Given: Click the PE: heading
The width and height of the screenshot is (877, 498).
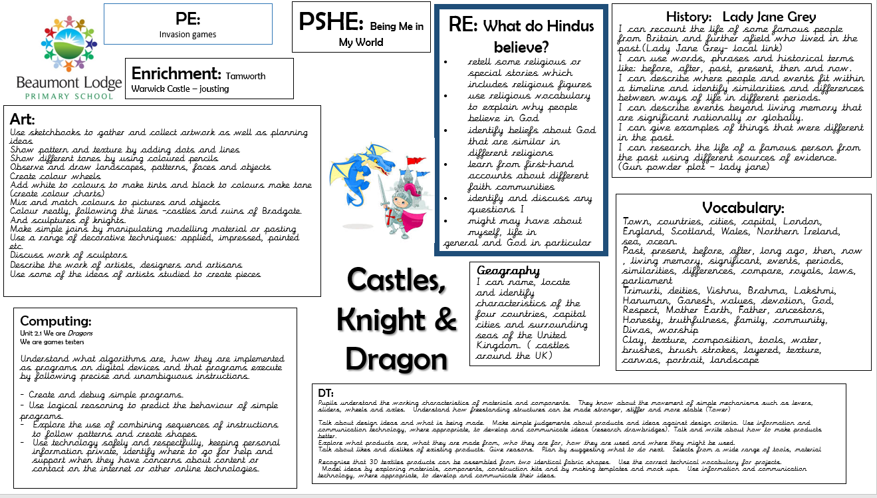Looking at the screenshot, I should click(x=188, y=18).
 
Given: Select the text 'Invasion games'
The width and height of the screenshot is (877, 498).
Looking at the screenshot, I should click(x=188, y=35).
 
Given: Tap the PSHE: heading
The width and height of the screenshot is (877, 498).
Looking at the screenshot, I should click(x=330, y=24).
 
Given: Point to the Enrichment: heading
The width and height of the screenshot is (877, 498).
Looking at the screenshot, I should click(x=176, y=73).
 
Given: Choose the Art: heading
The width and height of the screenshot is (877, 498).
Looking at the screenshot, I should click(x=23, y=119).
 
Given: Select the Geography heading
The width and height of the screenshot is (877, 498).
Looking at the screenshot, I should click(x=508, y=270).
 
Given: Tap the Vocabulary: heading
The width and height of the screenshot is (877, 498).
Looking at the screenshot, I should click(x=743, y=207).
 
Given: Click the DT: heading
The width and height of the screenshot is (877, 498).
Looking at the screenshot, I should click(x=326, y=393).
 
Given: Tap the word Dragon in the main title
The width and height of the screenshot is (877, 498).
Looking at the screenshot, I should click(x=396, y=358).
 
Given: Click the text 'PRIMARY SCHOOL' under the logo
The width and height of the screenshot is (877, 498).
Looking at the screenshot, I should click(x=69, y=96).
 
